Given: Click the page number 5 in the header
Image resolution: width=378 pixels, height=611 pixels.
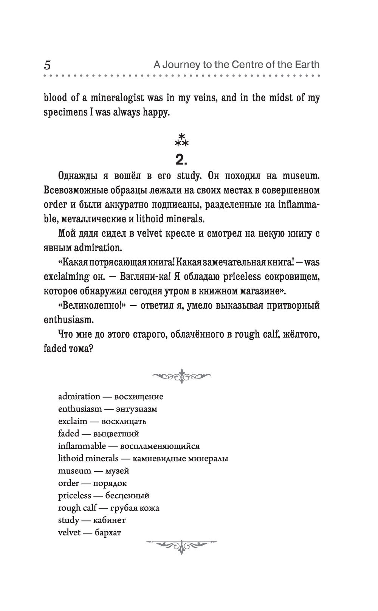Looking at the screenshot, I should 47,65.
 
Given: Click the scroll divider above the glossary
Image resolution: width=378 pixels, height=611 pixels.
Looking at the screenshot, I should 182,376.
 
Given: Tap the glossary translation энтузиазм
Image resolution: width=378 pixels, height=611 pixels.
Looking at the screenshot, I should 136,409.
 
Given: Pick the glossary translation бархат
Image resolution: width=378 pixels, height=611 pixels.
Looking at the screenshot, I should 108,532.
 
